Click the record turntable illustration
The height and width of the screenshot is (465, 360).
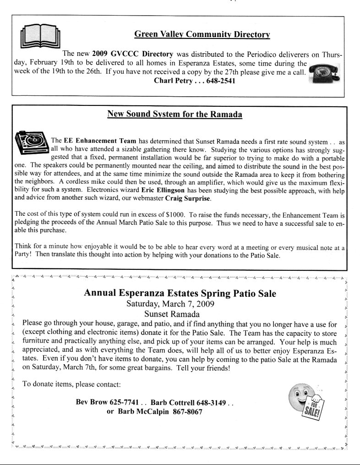point(32,143)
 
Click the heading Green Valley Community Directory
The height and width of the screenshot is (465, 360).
point(202,34)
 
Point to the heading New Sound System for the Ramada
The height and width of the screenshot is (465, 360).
point(175,114)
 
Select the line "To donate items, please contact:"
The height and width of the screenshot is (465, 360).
point(72,384)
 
